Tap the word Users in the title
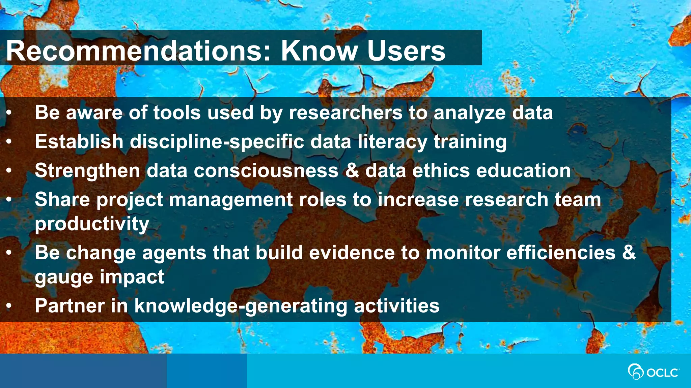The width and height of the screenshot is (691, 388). tap(406, 51)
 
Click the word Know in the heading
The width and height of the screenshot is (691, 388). tap(320, 51)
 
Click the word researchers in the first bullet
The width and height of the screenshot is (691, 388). tap(345, 112)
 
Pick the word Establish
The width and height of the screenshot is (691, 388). tap(79, 141)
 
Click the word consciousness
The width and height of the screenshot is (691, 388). tap(266, 171)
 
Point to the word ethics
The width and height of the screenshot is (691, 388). tap(441, 170)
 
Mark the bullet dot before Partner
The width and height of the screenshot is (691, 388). tap(9, 306)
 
